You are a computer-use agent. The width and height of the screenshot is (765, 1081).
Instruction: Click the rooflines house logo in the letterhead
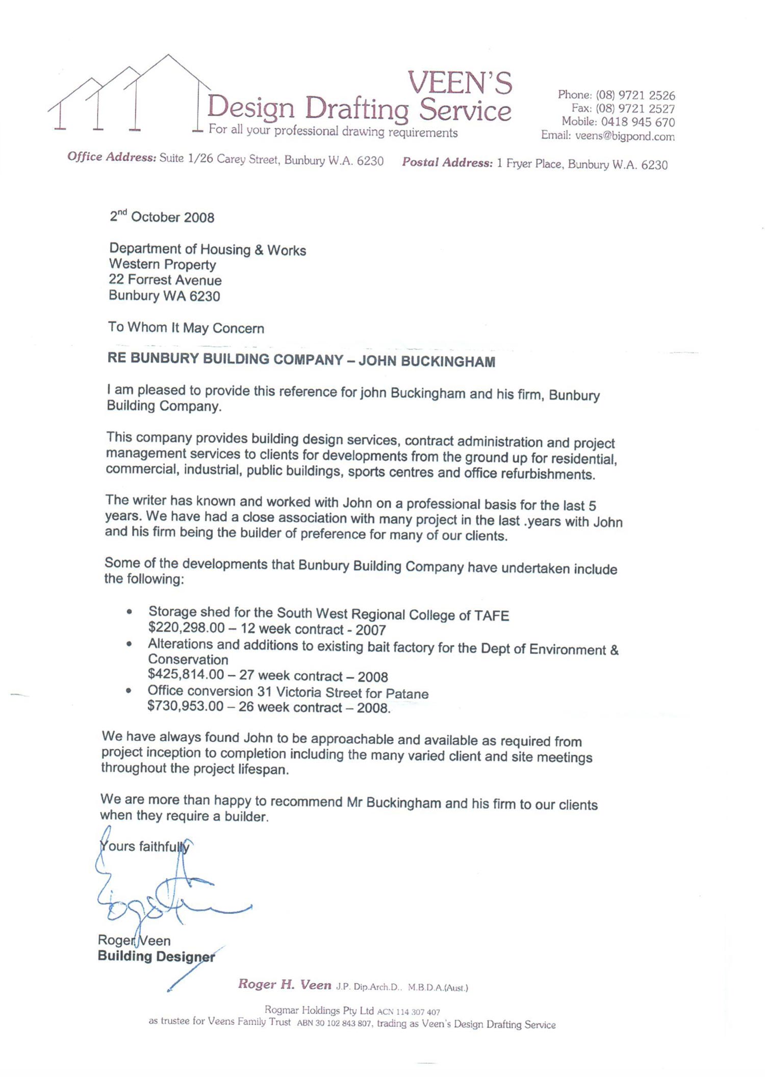click(127, 94)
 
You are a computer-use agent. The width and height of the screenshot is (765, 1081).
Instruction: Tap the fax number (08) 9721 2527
click(635, 109)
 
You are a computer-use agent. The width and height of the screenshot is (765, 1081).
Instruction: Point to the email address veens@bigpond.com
click(625, 136)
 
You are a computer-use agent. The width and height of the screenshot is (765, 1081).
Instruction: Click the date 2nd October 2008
click(162, 217)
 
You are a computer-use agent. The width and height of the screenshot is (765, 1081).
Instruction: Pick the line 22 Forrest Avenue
click(165, 280)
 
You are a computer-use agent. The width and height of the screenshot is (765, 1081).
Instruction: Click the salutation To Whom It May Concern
click(186, 328)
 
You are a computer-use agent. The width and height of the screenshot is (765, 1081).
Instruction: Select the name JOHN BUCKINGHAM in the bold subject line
click(426, 361)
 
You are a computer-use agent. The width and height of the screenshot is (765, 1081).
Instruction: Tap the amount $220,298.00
click(186, 629)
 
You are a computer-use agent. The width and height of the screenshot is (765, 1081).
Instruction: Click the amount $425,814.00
click(186, 674)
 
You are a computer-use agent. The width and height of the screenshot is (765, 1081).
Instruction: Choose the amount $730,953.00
click(185, 706)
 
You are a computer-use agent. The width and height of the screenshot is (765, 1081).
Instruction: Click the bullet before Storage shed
click(130, 612)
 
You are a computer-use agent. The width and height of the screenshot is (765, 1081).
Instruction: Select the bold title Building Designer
click(156, 956)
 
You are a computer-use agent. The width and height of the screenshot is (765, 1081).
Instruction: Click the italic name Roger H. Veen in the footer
click(285, 985)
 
